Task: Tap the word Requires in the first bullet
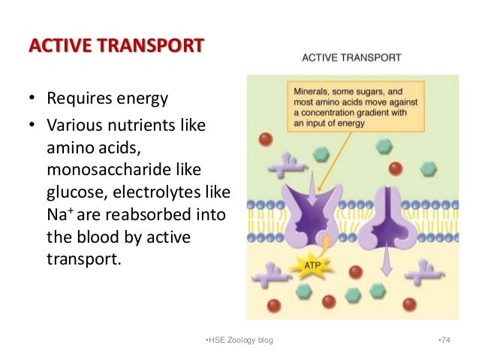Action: coord(75,98)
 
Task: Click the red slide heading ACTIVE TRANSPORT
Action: coord(116,47)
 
